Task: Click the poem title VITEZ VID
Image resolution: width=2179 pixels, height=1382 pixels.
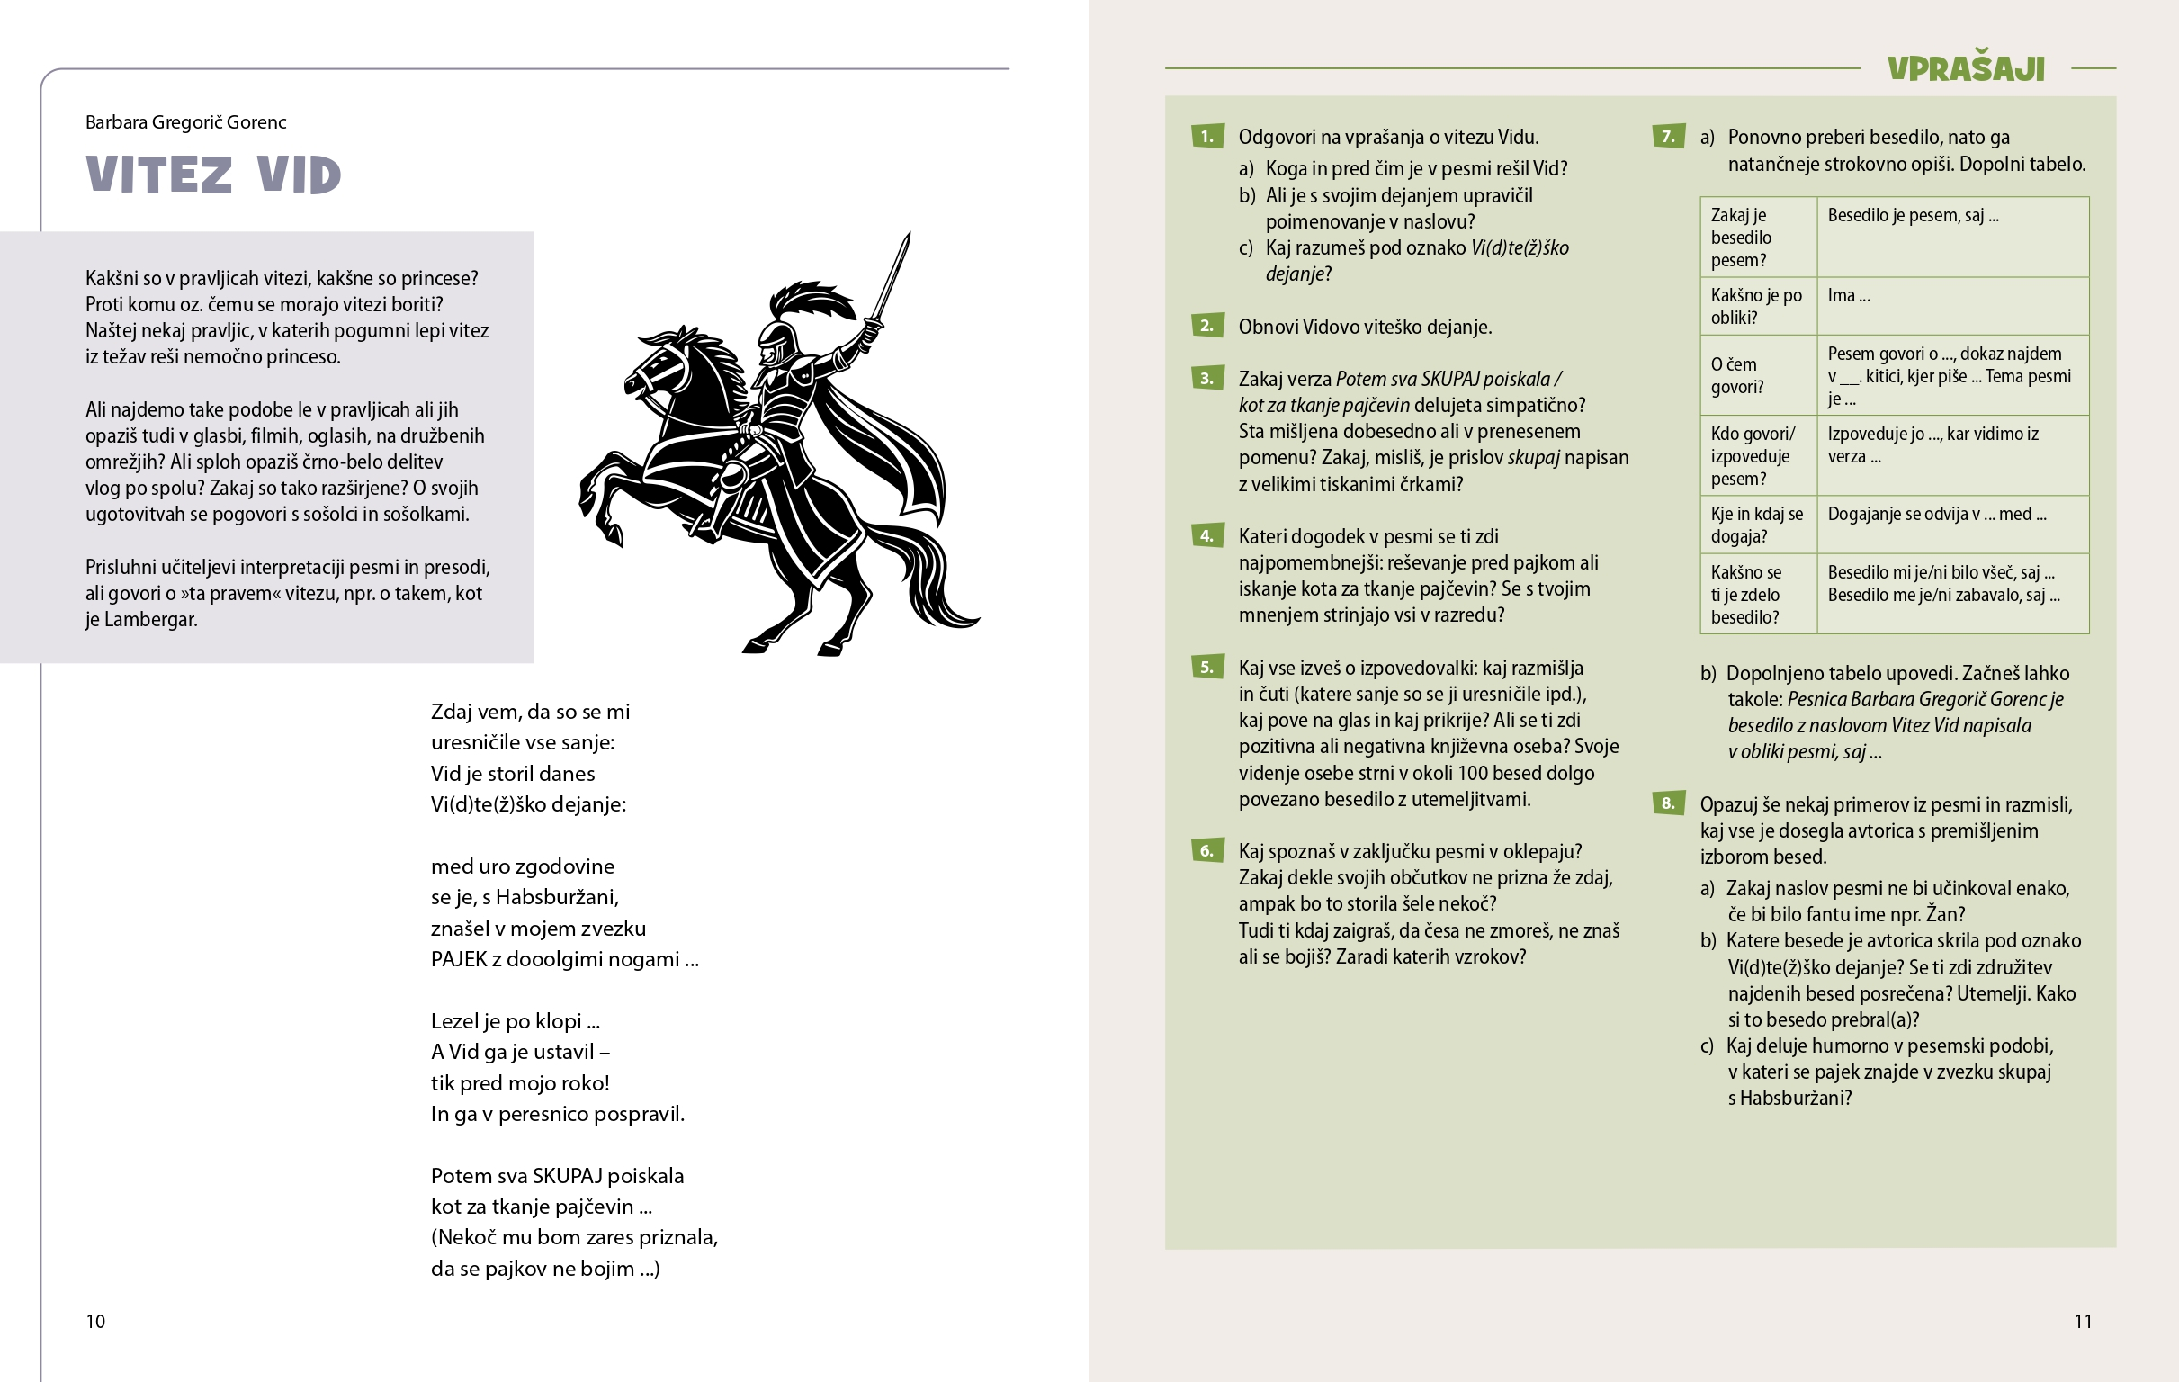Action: [x=213, y=175]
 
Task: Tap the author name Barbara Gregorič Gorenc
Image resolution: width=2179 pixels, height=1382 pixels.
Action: [x=185, y=122]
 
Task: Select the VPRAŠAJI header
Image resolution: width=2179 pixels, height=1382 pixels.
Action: [x=1966, y=68]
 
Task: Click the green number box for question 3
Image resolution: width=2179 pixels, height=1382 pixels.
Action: [x=1207, y=378]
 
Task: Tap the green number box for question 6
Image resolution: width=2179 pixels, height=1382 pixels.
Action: [x=1207, y=851]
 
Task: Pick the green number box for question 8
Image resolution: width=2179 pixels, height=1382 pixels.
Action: [x=1668, y=803]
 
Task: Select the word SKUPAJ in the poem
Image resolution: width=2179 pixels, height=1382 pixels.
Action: [x=568, y=1176]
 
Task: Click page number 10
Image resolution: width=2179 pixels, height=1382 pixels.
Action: [x=95, y=1322]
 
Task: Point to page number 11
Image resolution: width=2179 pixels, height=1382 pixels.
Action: [x=2082, y=1322]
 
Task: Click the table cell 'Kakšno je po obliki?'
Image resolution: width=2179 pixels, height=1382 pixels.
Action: [x=1756, y=306]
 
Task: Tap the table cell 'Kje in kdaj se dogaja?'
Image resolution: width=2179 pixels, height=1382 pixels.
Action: [x=1756, y=525]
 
